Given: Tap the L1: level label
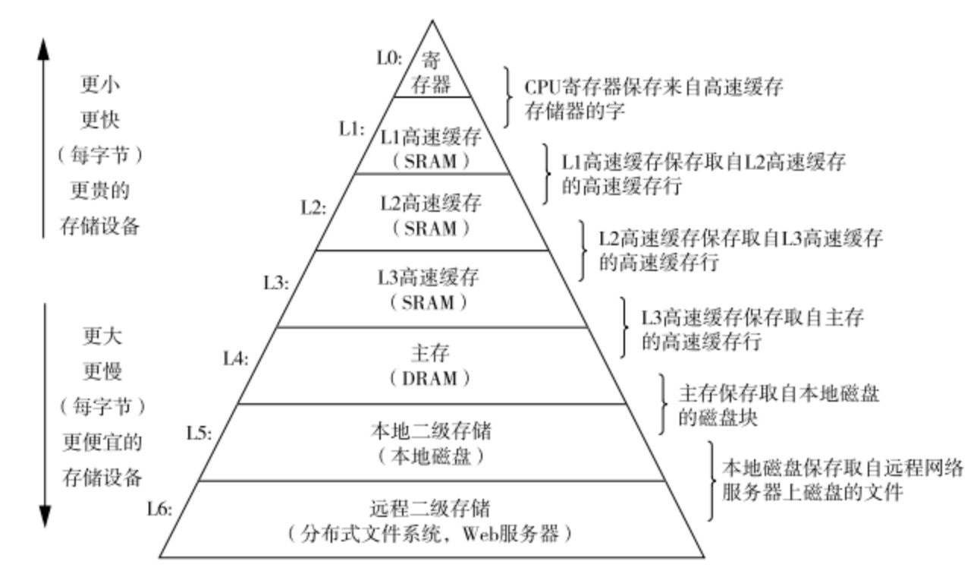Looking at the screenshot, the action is tap(351, 128).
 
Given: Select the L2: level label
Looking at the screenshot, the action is tap(313, 206).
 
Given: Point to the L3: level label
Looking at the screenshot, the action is tap(275, 282).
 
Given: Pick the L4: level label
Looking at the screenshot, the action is tap(235, 358).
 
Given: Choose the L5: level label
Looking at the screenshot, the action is tap(198, 433).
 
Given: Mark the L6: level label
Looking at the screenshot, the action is tap(159, 508).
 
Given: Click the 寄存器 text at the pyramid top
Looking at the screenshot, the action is tap(431, 72).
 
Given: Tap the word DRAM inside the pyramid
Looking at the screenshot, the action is tap(429, 378).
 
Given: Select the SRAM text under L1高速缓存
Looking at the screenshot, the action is tap(430, 161).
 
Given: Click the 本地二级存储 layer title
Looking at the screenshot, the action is tap(430, 431).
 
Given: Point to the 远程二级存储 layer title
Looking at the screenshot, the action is tap(430, 507).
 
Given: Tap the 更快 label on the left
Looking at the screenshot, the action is tap(100, 120).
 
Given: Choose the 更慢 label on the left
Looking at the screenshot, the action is tap(101, 371).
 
